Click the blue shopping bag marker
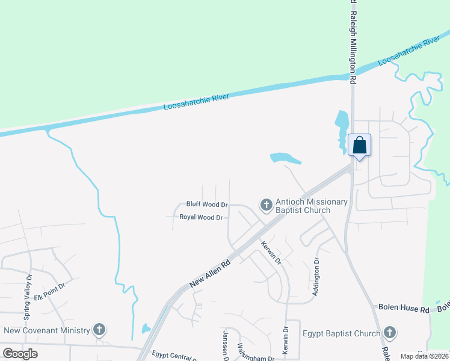(359, 146)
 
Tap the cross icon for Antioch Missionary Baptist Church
(265, 206)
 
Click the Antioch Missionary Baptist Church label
(311, 206)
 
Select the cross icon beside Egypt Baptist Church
(390, 333)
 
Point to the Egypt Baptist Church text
(341, 333)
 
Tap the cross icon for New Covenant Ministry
(99, 330)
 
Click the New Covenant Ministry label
(47, 330)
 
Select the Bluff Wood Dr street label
(207, 205)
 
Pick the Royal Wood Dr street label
(202, 217)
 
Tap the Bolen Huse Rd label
(403, 307)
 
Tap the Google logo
(20, 353)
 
